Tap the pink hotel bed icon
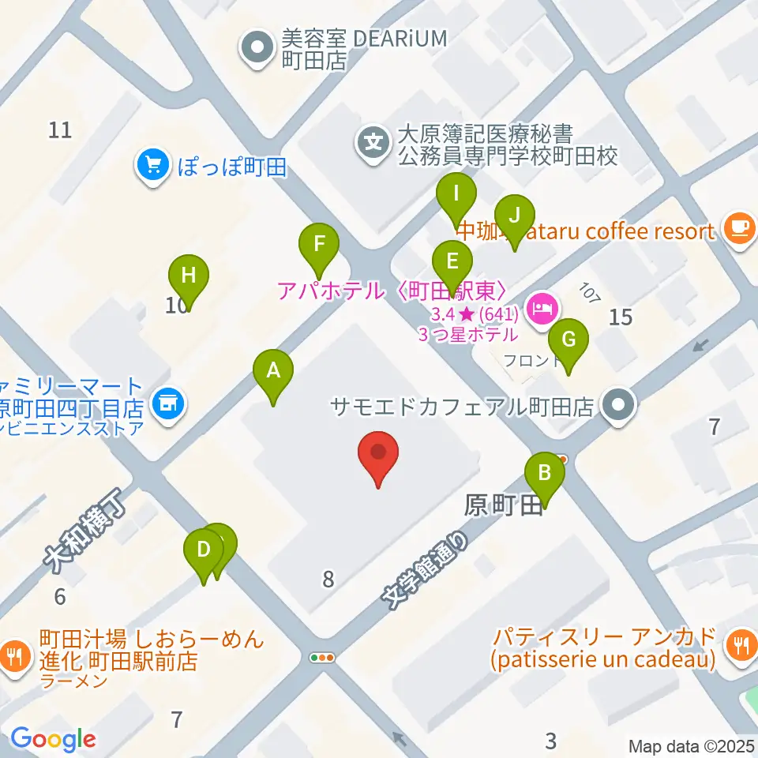click(x=542, y=303)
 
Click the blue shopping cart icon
click(x=152, y=166)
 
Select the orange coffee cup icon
click(x=739, y=227)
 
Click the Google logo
click(x=53, y=740)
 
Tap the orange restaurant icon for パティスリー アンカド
click(x=739, y=647)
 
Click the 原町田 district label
click(x=503, y=505)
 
